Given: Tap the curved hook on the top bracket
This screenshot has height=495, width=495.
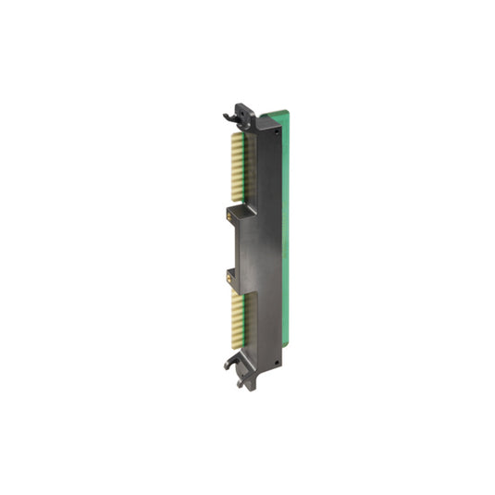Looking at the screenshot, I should (x=229, y=118).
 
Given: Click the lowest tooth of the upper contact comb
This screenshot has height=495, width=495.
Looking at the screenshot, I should (x=236, y=205).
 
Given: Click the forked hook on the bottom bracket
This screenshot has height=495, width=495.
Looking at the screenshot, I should (x=229, y=364).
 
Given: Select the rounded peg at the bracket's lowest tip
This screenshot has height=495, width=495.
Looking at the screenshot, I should (x=241, y=383).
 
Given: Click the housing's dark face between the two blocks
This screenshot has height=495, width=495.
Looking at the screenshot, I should (x=264, y=245).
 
